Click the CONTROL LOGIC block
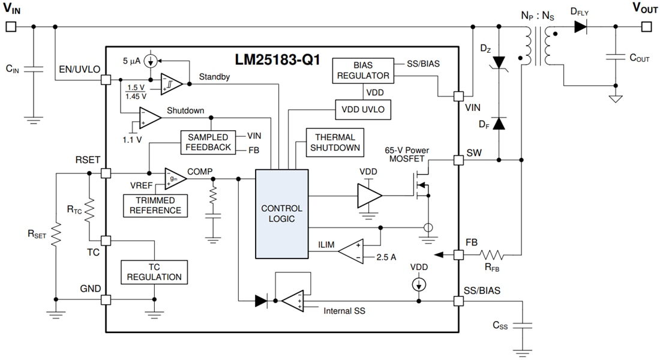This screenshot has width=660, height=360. tap(281, 214)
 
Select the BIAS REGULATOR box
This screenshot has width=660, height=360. tap(362, 70)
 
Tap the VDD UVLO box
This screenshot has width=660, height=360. tap(362, 109)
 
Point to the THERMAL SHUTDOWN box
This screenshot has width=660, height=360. tap(335, 142)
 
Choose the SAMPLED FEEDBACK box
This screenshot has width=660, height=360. tap(208, 142)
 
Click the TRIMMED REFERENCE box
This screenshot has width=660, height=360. tap(155, 205)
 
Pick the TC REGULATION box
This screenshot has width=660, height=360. tap(154, 272)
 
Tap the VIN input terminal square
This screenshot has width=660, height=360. tap(10, 26)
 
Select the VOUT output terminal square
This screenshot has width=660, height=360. tap(646, 26)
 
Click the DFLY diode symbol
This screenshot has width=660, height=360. tap(580, 26)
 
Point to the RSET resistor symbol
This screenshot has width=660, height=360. tap(55, 236)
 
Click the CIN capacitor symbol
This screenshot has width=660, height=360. tap(34, 69)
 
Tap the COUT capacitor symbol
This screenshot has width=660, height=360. tap(616, 58)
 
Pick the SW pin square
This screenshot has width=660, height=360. tap(459, 160)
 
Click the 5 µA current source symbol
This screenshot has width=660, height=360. tap(151, 61)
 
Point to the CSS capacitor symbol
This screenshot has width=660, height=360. tap(522, 325)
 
